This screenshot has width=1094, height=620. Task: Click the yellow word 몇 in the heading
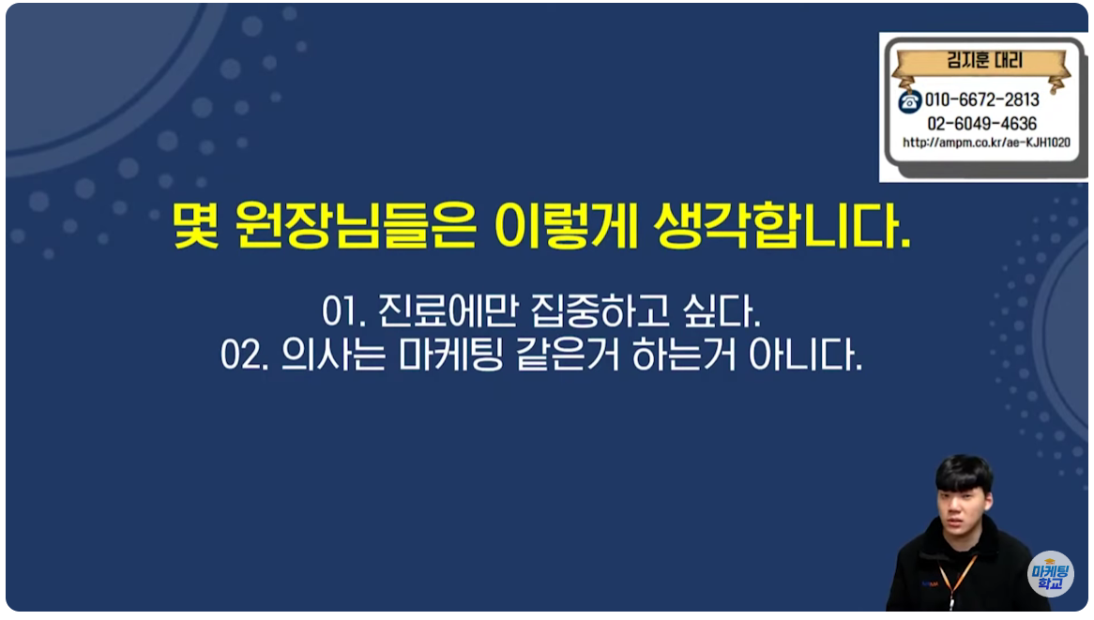[x=196, y=224]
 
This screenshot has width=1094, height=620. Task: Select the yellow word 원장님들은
[x=356, y=224]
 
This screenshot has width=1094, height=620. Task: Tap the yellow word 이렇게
[x=566, y=224]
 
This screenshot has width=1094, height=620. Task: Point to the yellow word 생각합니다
[x=783, y=224]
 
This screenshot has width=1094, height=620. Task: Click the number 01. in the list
[x=344, y=311]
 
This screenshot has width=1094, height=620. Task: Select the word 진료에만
[x=448, y=311]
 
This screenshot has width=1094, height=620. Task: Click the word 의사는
[x=333, y=355]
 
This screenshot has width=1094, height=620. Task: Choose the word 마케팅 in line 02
[x=450, y=355]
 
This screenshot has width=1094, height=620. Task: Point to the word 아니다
[x=805, y=355]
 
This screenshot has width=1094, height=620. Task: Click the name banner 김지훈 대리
[x=984, y=61]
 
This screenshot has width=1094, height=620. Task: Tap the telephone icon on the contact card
[x=909, y=102]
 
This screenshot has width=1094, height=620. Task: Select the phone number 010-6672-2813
[x=982, y=99]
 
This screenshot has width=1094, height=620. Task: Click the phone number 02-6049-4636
[x=981, y=124]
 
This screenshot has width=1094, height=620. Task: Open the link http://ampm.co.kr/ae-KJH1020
[x=986, y=143]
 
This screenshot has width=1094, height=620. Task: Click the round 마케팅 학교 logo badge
[x=1050, y=574]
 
